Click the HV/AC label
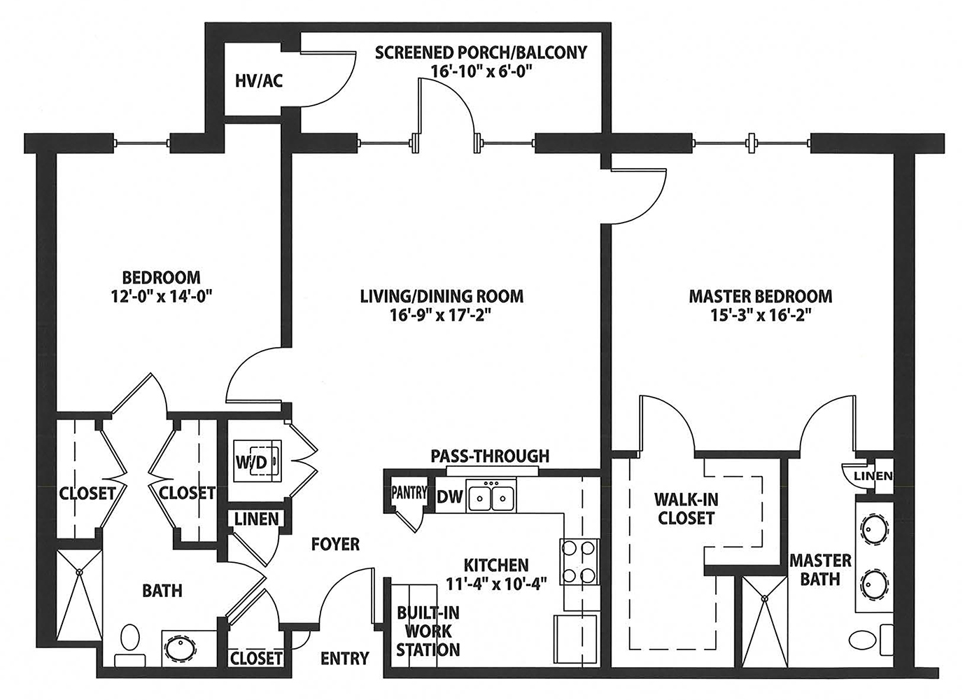259,81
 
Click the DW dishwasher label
450,497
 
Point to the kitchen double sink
491,498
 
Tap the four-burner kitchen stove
579,561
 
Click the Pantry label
409,492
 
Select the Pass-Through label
490,456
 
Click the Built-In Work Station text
428,631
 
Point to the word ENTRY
344,658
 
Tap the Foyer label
336,544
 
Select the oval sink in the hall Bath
183,647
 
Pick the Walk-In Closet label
686,509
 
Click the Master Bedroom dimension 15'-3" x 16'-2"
761,315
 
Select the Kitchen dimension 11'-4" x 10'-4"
496,581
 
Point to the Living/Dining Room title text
442,296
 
